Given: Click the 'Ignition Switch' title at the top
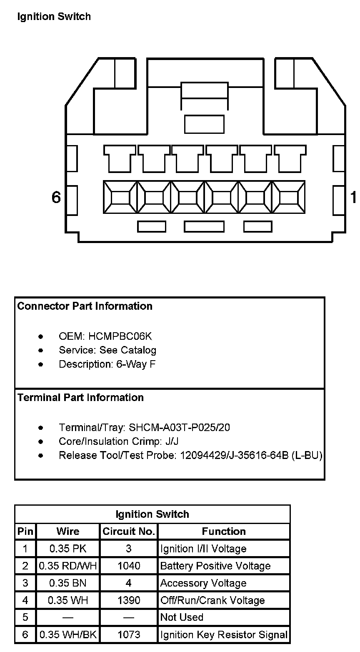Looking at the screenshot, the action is point(54,17).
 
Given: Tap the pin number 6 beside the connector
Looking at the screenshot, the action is point(56,197).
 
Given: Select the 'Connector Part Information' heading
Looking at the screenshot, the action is point(85,306).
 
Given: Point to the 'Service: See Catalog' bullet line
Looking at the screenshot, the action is point(107,350).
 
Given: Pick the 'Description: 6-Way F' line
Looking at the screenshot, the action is point(107,364).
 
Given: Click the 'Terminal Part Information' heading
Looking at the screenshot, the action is point(80,398).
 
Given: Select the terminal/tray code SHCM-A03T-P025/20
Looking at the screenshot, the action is point(180,428).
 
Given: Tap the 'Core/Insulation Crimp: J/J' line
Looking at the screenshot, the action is point(119,441).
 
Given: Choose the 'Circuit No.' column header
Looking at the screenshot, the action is point(129,532).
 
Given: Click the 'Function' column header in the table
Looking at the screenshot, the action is point(224,532).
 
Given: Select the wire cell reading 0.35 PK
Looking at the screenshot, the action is point(68,549).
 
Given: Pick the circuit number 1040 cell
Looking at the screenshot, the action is point(129,566).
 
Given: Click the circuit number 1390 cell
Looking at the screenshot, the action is point(129,601).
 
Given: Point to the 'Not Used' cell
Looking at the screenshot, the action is point(182,617).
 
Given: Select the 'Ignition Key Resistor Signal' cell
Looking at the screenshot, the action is point(224,635).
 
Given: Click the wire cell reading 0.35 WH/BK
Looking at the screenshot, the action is point(68,635).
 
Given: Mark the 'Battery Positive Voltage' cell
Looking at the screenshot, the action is point(215,566).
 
